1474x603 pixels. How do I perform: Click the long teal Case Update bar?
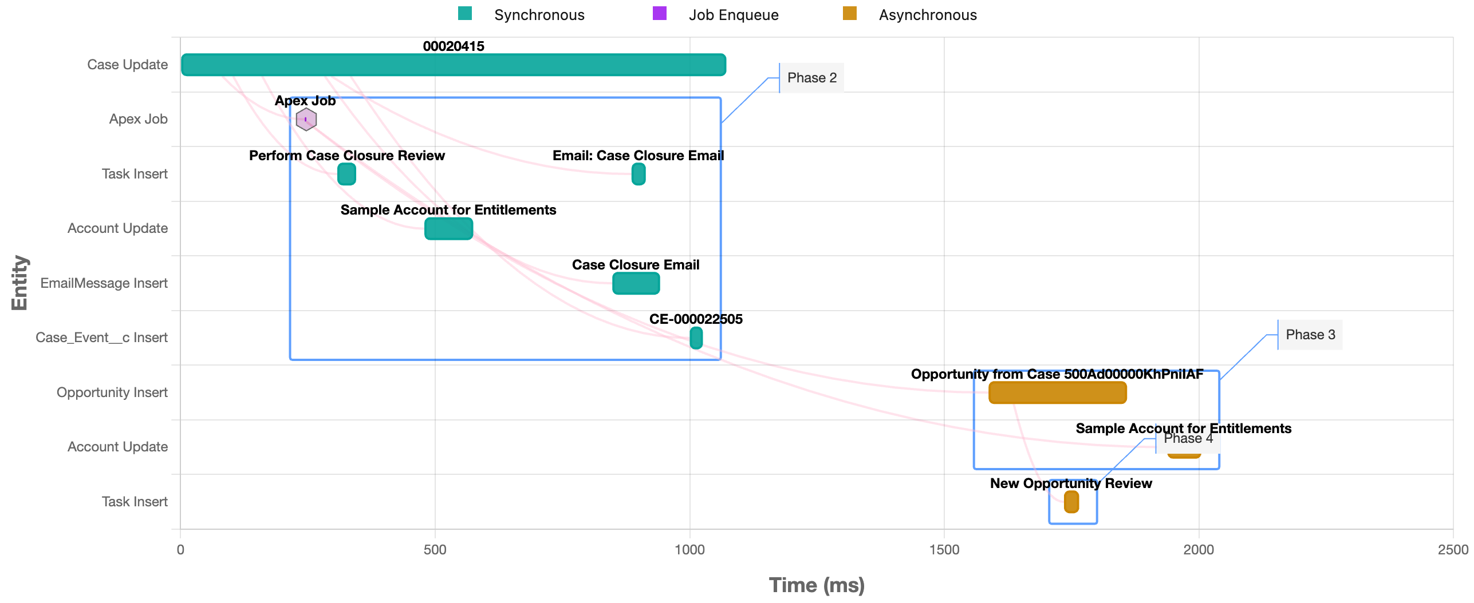pyautogui.click(x=453, y=65)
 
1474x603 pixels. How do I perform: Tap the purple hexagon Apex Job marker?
pyautogui.click(x=306, y=120)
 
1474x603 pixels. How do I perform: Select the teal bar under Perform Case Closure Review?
pyautogui.click(x=346, y=174)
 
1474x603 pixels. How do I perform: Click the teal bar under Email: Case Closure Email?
pyautogui.click(x=638, y=174)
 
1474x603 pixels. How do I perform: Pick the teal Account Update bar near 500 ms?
pyautogui.click(x=448, y=229)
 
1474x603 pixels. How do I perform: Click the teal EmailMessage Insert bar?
pyautogui.click(x=636, y=283)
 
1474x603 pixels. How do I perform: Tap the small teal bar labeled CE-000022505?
pyautogui.click(x=696, y=338)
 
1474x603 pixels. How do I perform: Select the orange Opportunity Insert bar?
pyautogui.click(x=1057, y=392)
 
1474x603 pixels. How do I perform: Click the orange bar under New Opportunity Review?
pyautogui.click(x=1071, y=502)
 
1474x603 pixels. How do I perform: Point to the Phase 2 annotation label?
pyautogui.click(x=811, y=78)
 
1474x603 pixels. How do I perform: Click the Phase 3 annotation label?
pyautogui.click(x=1310, y=335)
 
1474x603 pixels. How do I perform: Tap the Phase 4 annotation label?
pyautogui.click(x=1188, y=439)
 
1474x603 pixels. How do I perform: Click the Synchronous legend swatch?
pyautogui.click(x=465, y=14)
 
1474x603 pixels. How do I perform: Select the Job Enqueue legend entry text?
pyautogui.click(x=733, y=15)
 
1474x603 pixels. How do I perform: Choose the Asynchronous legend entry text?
pyautogui.click(x=927, y=15)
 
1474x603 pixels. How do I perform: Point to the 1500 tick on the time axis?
pyautogui.click(x=944, y=550)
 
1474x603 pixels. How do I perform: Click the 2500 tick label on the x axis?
pyautogui.click(x=1452, y=550)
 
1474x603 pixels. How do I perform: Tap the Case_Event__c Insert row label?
pyautogui.click(x=101, y=338)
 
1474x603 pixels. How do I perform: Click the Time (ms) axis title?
pyautogui.click(x=816, y=585)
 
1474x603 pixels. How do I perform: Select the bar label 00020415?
pyautogui.click(x=453, y=46)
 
